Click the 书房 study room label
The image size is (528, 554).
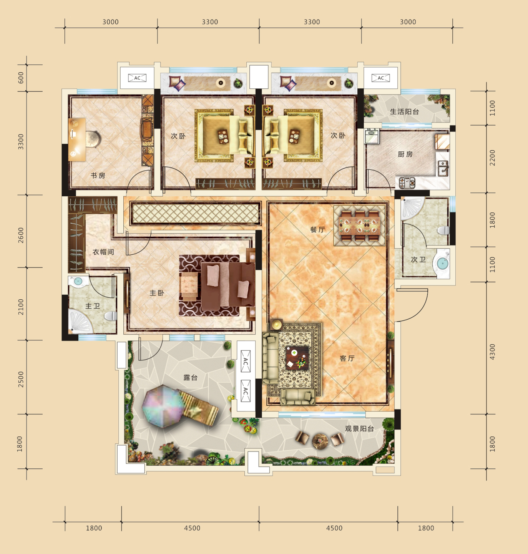click(98, 176)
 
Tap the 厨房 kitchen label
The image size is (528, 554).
click(405, 154)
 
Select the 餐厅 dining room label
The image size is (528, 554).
click(318, 230)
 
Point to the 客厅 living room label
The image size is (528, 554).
click(347, 358)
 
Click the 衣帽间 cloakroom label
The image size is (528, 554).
click(103, 252)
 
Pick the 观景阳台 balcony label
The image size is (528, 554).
click(359, 429)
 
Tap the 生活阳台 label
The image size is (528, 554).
click(404, 111)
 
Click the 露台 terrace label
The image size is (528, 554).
click(190, 378)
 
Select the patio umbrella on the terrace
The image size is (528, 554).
click(163, 406)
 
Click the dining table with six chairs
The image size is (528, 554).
click(359, 226)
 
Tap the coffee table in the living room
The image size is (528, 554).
click(297, 358)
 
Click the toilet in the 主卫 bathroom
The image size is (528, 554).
click(111, 316)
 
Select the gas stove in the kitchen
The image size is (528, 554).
click(407, 182)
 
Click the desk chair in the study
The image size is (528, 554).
click(94, 139)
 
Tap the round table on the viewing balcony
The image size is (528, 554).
click(320, 441)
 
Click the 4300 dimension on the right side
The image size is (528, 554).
click(492, 352)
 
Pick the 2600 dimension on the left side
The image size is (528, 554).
click(21, 235)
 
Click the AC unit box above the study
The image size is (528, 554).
click(137, 78)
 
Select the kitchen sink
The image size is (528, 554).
click(443, 168)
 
